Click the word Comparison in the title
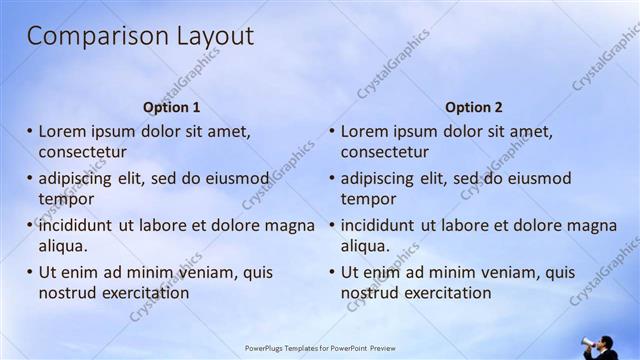coord(84,37)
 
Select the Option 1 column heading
coord(172,107)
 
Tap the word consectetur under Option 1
coord(83,152)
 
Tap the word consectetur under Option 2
coord(385,152)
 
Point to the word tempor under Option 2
coord(369,199)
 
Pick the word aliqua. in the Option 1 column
coord(64,246)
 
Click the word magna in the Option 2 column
coord(594,225)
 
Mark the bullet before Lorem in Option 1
coord(30,131)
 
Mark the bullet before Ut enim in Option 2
coord(332,272)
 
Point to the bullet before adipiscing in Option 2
coord(332,178)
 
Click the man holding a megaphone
coord(603,347)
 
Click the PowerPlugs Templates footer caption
coord(319,349)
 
